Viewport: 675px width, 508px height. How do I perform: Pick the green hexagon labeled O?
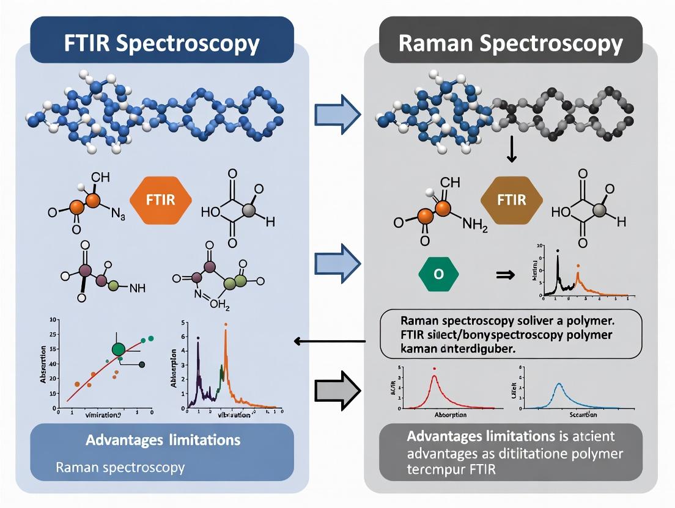pyautogui.click(x=437, y=274)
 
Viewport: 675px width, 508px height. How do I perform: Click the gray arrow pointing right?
pyautogui.click(x=337, y=391)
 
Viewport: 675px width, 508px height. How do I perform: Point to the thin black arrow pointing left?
pyautogui.click(x=330, y=341)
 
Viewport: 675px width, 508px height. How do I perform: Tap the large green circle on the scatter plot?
pyautogui.click(x=119, y=349)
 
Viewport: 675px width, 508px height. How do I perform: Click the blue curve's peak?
pyautogui.click(x=558, y=384)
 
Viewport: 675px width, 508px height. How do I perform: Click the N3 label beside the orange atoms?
pyautogui.click(x=118, y=214)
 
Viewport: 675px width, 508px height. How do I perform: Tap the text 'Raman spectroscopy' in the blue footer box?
pyautogui.click(x=120, y=468)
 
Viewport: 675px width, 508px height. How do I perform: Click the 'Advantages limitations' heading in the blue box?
pyautogui.click(x=163, y=440)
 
